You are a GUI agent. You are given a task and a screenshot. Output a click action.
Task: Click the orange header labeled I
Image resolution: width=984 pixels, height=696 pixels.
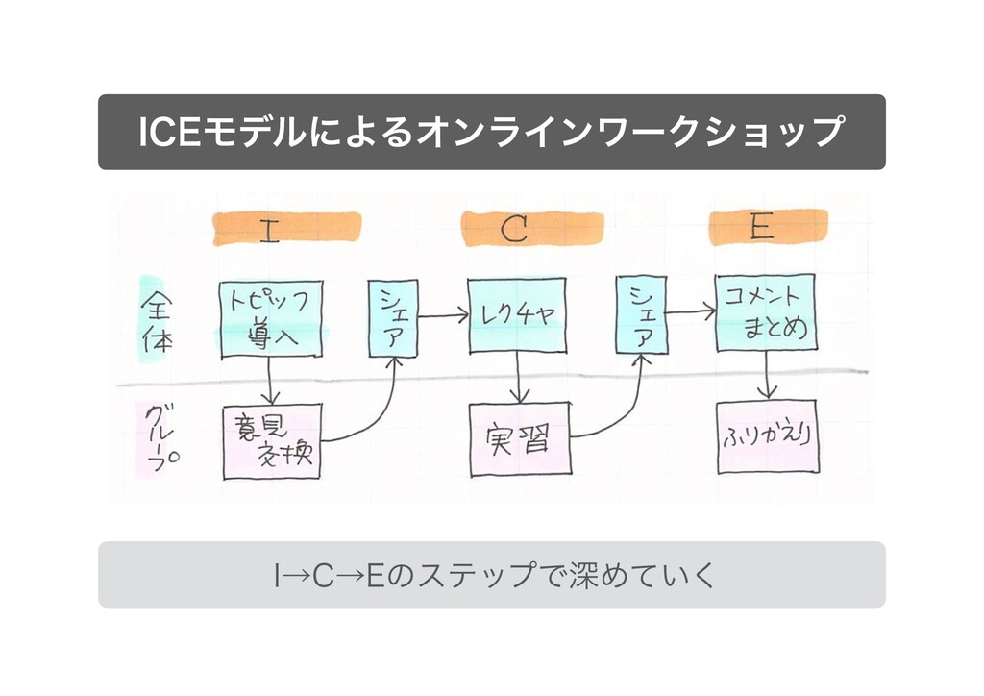(286, 229)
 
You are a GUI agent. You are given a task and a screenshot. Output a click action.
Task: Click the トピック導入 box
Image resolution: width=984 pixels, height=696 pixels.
(270, 319)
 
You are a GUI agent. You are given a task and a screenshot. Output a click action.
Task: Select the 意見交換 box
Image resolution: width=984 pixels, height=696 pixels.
(272, 442)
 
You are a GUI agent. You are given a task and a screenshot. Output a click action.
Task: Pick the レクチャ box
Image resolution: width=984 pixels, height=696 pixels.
(517, 315)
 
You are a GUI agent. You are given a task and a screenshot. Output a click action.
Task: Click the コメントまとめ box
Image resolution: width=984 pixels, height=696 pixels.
(765, 312)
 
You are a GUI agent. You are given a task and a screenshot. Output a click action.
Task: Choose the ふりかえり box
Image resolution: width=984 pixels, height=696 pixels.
(767, 436)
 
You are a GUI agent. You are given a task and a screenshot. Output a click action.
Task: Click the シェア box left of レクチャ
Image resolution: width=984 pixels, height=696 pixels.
(393, 318)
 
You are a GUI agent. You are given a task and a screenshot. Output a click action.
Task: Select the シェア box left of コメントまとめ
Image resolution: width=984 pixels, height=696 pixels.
(641, 315)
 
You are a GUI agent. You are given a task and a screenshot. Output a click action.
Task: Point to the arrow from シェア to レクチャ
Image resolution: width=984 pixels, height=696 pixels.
(442, 313)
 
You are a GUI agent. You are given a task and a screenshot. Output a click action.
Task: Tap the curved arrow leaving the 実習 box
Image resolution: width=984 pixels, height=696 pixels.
(615, 413)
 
